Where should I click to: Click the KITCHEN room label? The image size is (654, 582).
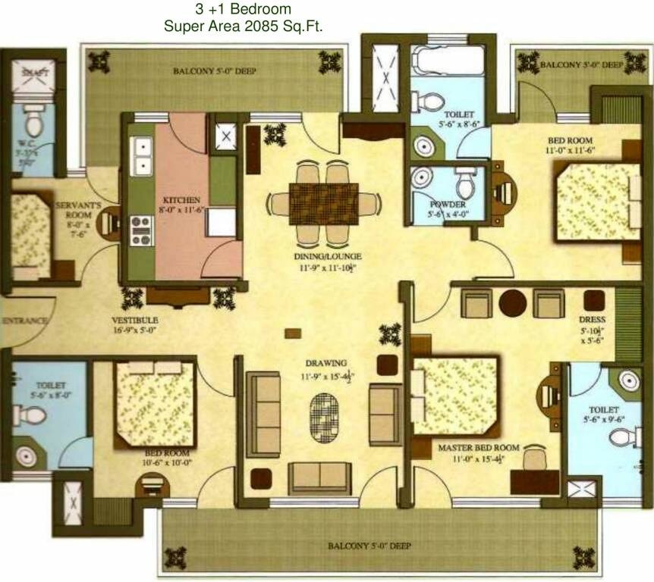179,200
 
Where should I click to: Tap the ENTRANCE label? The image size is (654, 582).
24,321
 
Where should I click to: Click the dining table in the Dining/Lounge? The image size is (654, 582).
323,203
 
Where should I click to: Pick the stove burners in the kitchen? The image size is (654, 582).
142,230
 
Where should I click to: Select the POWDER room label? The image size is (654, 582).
448,205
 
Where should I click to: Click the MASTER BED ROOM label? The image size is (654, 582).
479,448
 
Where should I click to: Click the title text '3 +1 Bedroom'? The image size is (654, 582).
243,10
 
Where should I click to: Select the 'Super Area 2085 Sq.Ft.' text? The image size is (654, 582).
244,26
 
